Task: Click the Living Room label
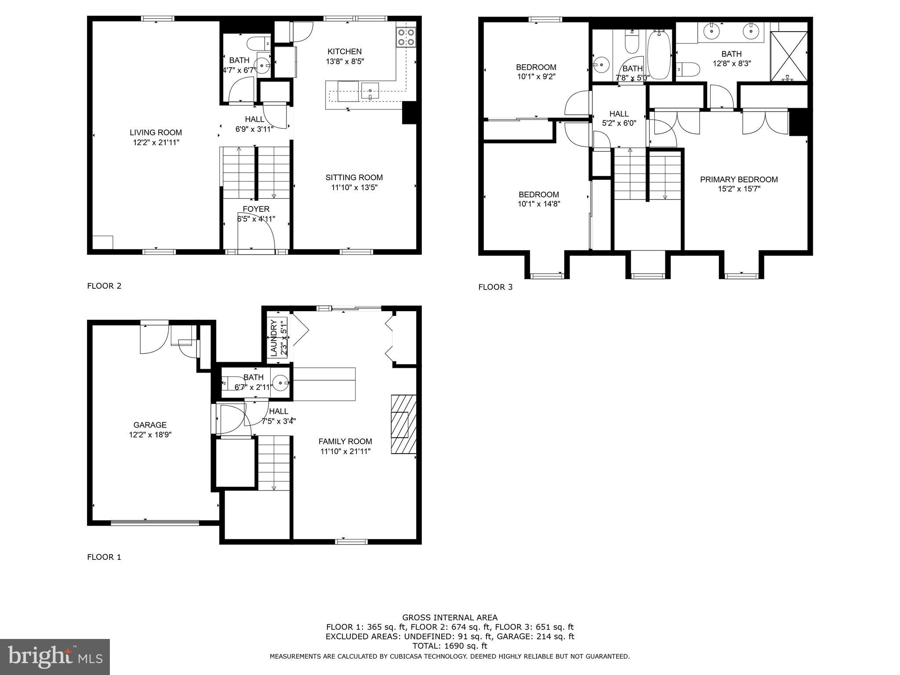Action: coord(156,132)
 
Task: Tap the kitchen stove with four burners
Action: coord(406,37)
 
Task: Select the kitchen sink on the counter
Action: coord(370,91)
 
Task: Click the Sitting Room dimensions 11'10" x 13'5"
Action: coord(354,188)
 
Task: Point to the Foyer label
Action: coord(256,209)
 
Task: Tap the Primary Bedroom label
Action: coord(739,179)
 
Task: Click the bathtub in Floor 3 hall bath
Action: coord(659,55)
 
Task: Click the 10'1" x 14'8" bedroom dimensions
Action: coord(539,204)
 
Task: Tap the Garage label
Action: coord(150,425)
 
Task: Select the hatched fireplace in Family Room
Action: coord(403,424)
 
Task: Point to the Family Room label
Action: coord(345,441)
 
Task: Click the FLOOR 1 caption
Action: coord(104,557)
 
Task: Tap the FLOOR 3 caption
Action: coord(495,287)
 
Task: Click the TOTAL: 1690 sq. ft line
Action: coord(450,646)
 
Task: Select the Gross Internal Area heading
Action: coord(450,617)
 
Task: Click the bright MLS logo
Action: coord(55,657)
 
